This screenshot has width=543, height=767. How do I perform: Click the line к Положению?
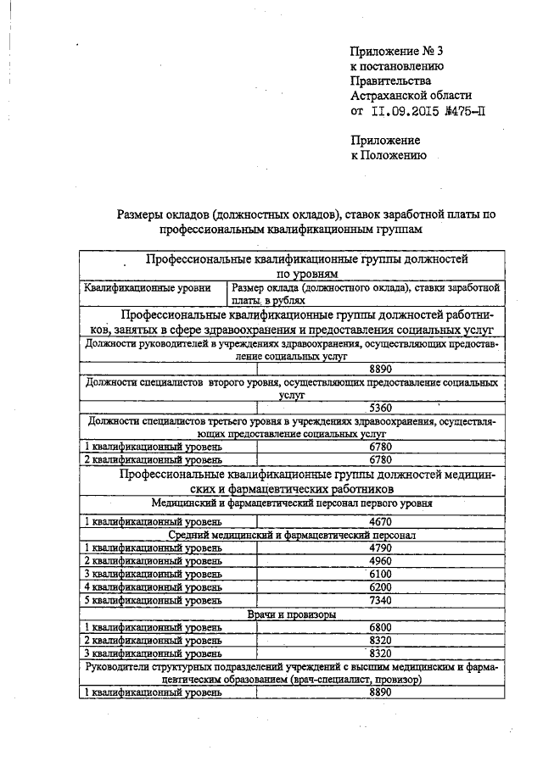pyautogui.click(x=389, y=156)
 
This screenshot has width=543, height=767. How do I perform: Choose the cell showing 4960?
pyautogui.click(x=379, y=561)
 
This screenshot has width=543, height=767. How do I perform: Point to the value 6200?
pyautogui.click(x=379, y=587)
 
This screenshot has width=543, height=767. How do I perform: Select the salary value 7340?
pyautogui.click(x=379, y=601)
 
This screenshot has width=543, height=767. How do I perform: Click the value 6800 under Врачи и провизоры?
pyautogui.click(x=379, y=628)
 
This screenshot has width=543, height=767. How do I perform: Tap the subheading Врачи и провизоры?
pyautogui.click(x=290, y=614)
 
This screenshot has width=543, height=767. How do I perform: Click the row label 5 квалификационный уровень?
pyautogui.click(x=153, y=601)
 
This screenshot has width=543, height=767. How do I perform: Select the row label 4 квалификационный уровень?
pyautogui.click(x=153, y=587)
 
